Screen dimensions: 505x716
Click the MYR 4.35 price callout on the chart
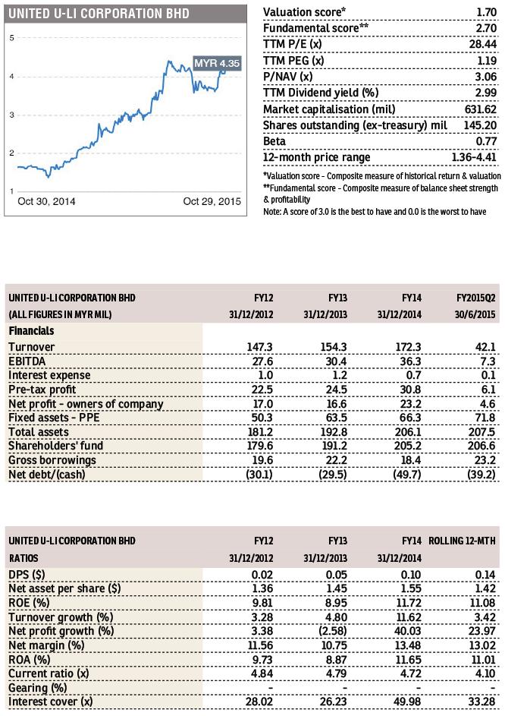coord(217,63)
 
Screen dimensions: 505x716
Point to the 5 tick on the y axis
coord(12,38)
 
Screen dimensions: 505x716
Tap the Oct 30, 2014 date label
coord(46,201)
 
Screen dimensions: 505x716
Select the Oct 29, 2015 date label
coord(212,201)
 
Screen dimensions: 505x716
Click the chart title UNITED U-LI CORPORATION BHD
coord(99,14)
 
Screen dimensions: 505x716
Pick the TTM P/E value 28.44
coord(483,44)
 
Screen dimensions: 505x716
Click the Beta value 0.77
coord(486,141)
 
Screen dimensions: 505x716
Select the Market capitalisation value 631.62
coord(480,109)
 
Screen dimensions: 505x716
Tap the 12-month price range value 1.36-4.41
coord(474,157)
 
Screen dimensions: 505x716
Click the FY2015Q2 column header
coord(475,298)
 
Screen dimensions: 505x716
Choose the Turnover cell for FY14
coord(408,347)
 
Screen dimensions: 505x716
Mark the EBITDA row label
coord(27,361)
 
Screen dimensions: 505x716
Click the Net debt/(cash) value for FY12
coord(259,475)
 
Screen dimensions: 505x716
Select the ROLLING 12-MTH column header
coord(462,541)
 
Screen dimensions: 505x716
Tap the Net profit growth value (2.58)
coord(333,631)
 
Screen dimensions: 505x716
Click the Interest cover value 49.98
coord(408,702)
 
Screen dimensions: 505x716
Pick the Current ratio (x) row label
coord(49,673)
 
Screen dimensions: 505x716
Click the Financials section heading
coord(32,331)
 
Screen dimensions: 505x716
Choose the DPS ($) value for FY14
coord(411,575)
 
